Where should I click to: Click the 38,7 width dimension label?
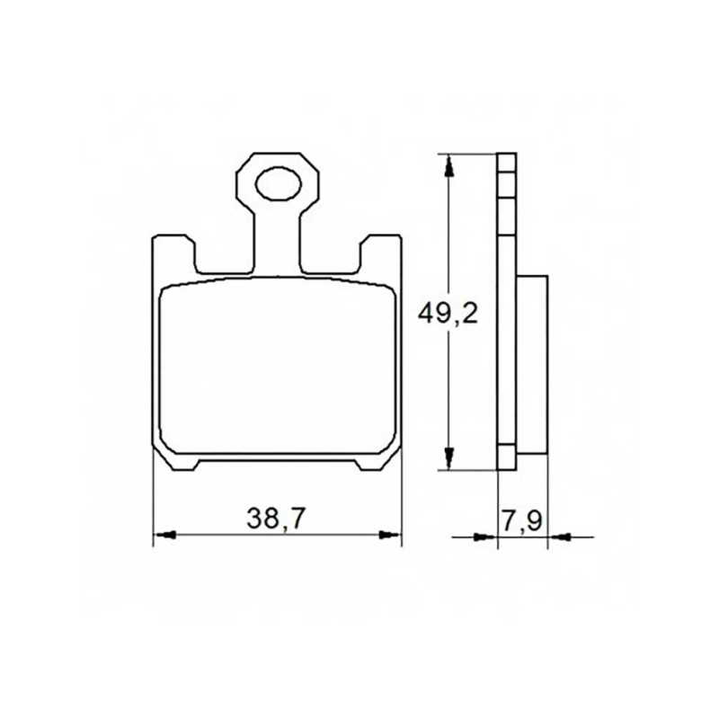[x=275, y=519]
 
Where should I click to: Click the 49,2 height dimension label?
[x=448, y=314]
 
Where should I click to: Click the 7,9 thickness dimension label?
[x=523, y=521]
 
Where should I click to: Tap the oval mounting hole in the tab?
[x=279, y=184]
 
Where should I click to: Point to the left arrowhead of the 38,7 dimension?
[x=165, y=535]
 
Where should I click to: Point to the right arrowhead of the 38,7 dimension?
[x=389, y=535]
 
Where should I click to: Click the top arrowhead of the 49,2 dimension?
[x=449, y=166]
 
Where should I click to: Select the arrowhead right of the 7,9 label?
[x=559, y=536]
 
